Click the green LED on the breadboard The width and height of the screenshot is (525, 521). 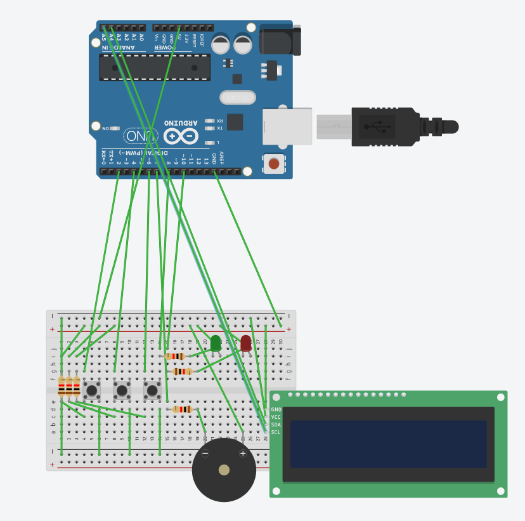click(216, 342)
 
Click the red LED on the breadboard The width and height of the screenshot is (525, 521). click(246, 342)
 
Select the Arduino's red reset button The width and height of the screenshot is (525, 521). click(274, 164)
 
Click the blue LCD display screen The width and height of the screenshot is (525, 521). click(388, 444)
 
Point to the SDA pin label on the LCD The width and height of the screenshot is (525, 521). click(276, 425)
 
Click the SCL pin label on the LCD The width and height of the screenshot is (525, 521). click(276, 432)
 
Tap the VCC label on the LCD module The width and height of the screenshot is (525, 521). click(276, 417)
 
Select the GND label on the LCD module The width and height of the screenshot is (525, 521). click(276, 409)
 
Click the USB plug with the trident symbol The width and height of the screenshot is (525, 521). click(377, 126)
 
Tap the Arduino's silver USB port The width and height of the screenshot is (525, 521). click(288, 126)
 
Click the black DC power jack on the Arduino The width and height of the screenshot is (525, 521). click(279, 39)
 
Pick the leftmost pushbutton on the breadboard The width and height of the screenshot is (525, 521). click(92, 390)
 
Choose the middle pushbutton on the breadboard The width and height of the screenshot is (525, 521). click(122, 390)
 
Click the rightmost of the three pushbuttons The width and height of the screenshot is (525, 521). click(152, 390)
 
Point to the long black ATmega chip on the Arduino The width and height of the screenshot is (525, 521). click(155, 67)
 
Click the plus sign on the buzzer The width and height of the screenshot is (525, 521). click(242, 453)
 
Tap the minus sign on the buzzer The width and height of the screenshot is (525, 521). click(205, 453)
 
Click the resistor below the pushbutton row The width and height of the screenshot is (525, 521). click(183, 409)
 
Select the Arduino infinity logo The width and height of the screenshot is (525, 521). click(181, 136)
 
